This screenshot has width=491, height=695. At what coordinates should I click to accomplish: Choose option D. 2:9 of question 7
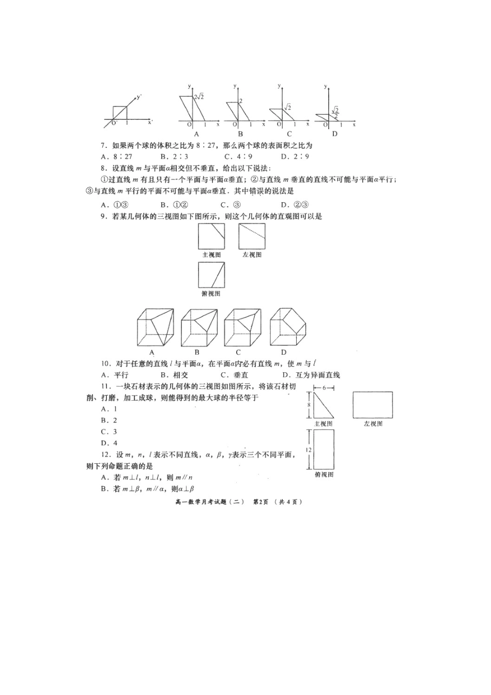(295, 157)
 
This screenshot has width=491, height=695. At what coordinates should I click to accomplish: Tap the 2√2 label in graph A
(199, 97)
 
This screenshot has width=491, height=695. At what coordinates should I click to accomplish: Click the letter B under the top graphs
(240, 134)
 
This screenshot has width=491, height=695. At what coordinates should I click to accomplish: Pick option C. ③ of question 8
(231, 204)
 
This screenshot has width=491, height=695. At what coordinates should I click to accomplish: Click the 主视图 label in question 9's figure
(211, 255)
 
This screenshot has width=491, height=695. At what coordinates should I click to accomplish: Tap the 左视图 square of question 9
(252, 236)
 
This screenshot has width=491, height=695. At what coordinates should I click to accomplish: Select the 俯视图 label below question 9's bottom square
(211, 294)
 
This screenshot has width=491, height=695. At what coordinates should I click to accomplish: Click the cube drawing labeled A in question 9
(156, 328)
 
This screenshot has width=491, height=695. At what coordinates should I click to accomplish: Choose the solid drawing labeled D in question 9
(287, 327)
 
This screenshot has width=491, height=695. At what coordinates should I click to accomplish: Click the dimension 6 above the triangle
(324, 388)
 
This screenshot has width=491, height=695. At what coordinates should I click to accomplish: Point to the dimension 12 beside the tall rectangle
(308, 450)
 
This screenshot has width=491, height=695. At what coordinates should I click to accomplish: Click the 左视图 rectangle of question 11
(373, 405)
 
